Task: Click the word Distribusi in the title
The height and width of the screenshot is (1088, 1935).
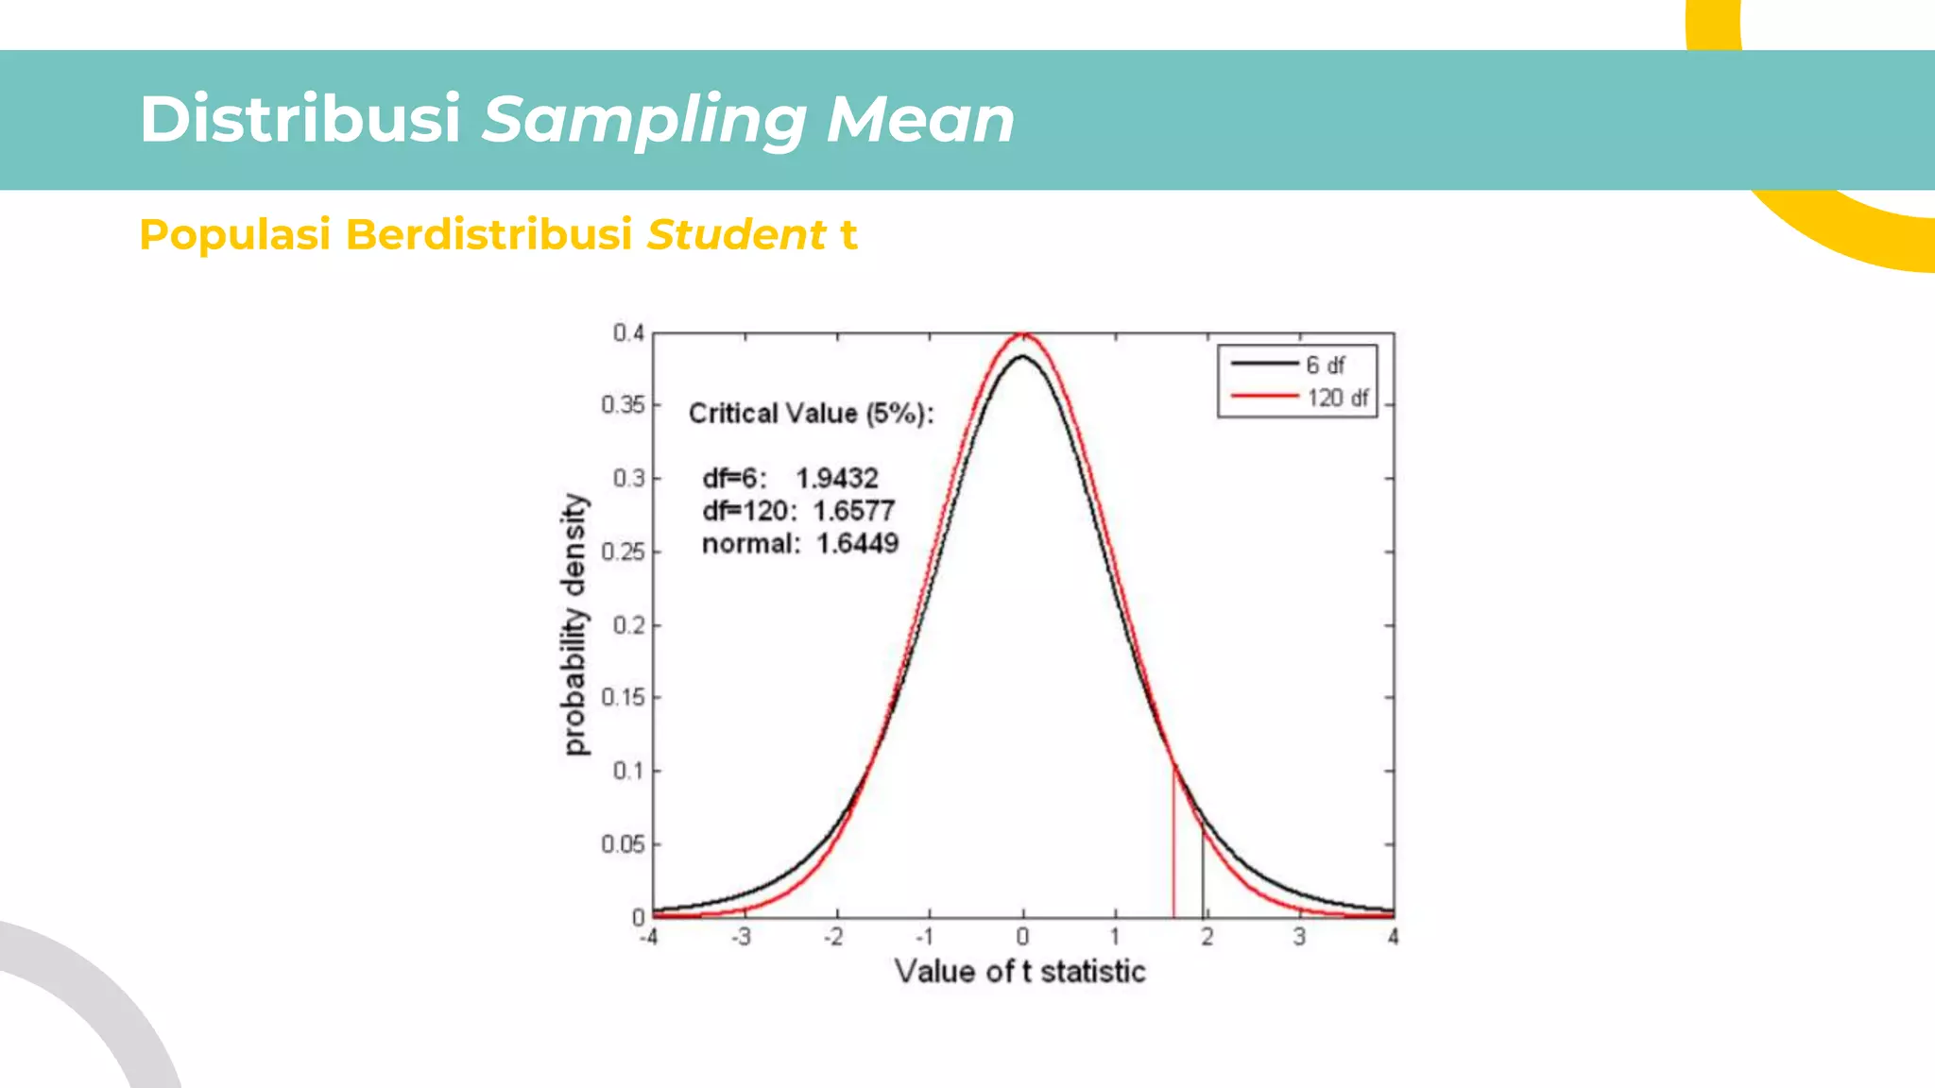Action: (x=300, y=120)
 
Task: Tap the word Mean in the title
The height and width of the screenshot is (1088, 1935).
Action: (x=919, y=120)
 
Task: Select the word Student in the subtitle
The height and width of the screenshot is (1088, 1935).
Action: (x=736, y=234)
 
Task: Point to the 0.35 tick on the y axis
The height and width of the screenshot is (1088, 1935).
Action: (x=623, y=405)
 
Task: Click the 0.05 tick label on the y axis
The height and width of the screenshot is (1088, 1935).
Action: (x=623, y=844)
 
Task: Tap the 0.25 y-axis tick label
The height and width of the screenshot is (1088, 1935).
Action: (x=623, y=552)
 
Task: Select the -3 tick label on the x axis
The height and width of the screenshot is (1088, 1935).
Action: (x=742, y=937)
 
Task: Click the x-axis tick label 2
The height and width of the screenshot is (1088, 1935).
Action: (x=1207, y=937)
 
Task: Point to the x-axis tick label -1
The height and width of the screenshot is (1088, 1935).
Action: (x=925, y=937)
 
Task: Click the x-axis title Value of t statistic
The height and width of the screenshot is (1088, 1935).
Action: (x=1019, y=972)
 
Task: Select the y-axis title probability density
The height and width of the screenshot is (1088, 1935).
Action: (x=574, y=624)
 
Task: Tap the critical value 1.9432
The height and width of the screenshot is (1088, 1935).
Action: (x=836, y=478)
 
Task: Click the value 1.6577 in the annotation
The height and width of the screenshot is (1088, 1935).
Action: (x=853, y=511)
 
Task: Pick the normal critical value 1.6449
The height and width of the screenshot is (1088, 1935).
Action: (x=857, y=544)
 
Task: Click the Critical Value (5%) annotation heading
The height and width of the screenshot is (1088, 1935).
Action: (x=811, y=414)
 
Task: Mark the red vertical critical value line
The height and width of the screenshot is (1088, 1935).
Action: (x=1173, y=850)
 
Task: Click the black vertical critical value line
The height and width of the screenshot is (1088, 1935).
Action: (x=1203, y=874)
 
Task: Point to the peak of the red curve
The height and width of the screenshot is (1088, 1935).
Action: (x=1023, y=334)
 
